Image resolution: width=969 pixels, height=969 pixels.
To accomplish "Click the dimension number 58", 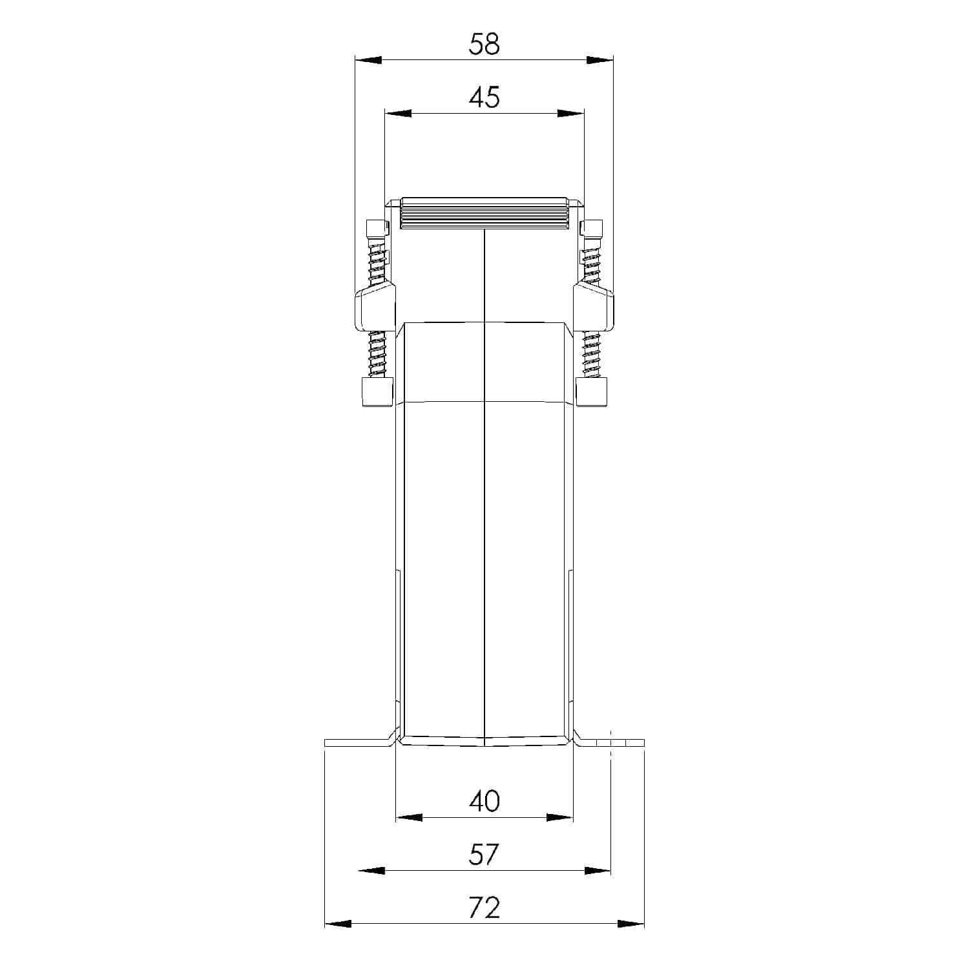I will tap(484, 45).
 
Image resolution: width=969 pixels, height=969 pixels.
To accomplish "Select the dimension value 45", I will tap(484, 98).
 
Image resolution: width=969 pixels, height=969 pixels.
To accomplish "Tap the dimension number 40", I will tap(484, 801).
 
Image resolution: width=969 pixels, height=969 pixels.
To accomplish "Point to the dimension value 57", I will tap(484, 855).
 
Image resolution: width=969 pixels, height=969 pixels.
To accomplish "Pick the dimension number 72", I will tap(484, 908).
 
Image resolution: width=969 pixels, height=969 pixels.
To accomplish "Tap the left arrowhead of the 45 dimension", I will tap(398, 114).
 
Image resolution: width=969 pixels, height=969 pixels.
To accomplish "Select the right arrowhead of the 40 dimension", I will tap(559, 817).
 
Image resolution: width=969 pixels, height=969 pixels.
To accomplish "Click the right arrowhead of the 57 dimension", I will tap(597, 871).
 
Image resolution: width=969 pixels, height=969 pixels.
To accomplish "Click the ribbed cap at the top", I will tap(484, 213).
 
